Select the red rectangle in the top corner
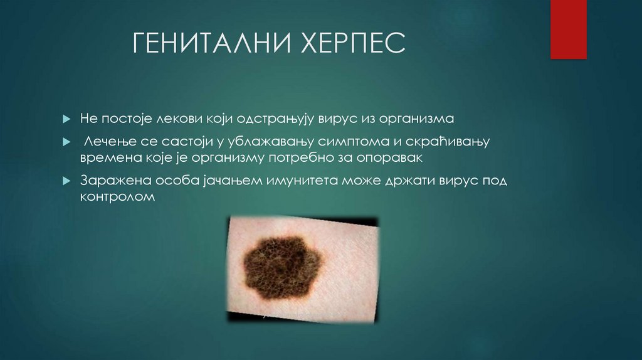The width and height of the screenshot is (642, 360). coord(568,29)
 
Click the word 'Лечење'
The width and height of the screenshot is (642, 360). coord(105,142)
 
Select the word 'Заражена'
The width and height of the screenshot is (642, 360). coord(110,181)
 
